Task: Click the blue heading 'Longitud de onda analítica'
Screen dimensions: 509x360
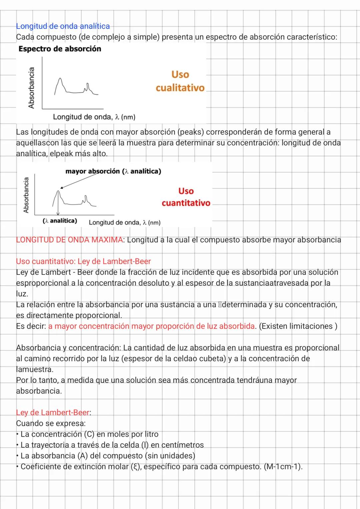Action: point(63,26)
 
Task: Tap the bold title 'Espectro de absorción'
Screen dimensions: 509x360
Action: point(60,49)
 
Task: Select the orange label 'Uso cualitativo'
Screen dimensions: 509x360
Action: point(180,81)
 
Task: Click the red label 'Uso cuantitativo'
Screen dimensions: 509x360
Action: point(186,197)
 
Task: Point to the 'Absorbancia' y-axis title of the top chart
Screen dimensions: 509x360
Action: point(31,88)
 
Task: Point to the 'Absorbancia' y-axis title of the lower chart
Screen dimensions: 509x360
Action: point(26,195)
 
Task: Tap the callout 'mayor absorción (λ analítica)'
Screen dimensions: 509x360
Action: point(113,171)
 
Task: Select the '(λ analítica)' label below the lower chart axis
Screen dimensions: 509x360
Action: point(60,221)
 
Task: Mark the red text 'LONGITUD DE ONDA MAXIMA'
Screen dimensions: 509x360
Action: point(69,240)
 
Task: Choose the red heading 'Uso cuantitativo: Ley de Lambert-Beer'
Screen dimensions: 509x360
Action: point(83,261)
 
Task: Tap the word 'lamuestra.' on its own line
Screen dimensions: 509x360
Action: point(35,369)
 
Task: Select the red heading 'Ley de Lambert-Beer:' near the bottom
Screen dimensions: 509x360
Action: point(53,412)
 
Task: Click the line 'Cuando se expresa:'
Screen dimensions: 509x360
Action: point(51,423)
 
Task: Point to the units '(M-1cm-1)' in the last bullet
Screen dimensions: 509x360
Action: point(283,466)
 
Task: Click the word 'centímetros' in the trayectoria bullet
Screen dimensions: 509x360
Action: point(182,445)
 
